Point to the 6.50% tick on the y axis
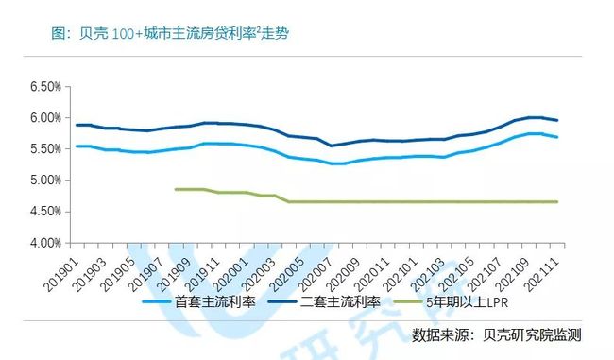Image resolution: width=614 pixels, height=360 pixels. point(45,87)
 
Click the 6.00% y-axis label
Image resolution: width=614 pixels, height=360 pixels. point(45,118)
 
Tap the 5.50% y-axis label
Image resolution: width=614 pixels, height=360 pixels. point(45,149)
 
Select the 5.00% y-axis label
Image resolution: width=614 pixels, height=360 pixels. point(45,180)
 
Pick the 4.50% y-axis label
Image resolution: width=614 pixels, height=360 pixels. point(45,212)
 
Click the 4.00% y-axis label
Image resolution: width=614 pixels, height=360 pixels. point(45,243)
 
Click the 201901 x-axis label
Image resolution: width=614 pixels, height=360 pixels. point(63,270)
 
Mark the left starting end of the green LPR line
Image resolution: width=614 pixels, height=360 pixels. point(176,189)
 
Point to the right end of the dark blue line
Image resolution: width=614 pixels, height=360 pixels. point(583,120)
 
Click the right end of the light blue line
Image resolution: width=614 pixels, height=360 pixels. point(583,137)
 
